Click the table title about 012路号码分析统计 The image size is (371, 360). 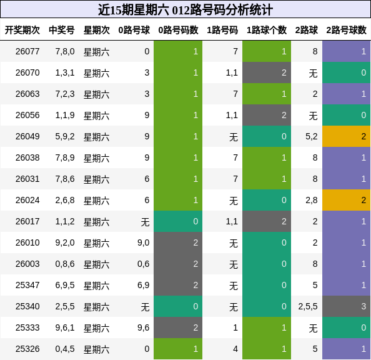pyautogui.click(x=185, y=9)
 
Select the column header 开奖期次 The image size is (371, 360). pyautogui.click(x=22, y=29)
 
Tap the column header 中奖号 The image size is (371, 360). pyautogui.click(x=62, y=29)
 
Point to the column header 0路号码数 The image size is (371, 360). pyautogui.click(x=178, y=29)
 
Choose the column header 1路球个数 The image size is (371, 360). pyautogui.click(x=267, y=29)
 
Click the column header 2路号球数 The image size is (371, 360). pyautogui.click(x=346, y=29)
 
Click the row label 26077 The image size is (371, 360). pyautogui.click(x=27, y=51)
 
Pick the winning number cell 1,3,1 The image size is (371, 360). pyautogui.click(x=65, y=72)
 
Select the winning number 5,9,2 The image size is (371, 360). pyautogui.click(x=65, y=136)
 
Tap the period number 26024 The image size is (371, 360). pyautogui.click(x=27, y=200)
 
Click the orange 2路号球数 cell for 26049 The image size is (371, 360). pyautogui.click(x=346, y=136)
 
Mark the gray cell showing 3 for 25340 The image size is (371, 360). pyautogui.click(x=346, y=306)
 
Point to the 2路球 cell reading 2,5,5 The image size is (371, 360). pyautogui.click(x=307, y=306)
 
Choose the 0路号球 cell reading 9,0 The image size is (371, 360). pyautogui.click(x=143, y=242)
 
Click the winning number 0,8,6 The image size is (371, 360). pyautogui.click(x=65, y=264)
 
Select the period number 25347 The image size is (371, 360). pyautogui.click(x=27, y=285)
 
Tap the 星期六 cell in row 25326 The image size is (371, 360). pyautogui.click(x=97, y=349)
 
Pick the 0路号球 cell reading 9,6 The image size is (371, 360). pyautogui.click(x=143, y=327)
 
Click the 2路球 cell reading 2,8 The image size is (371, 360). pyautogui.click(x=310, y=200)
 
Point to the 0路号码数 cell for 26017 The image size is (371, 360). pyautogui.click(x=178, y=221)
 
